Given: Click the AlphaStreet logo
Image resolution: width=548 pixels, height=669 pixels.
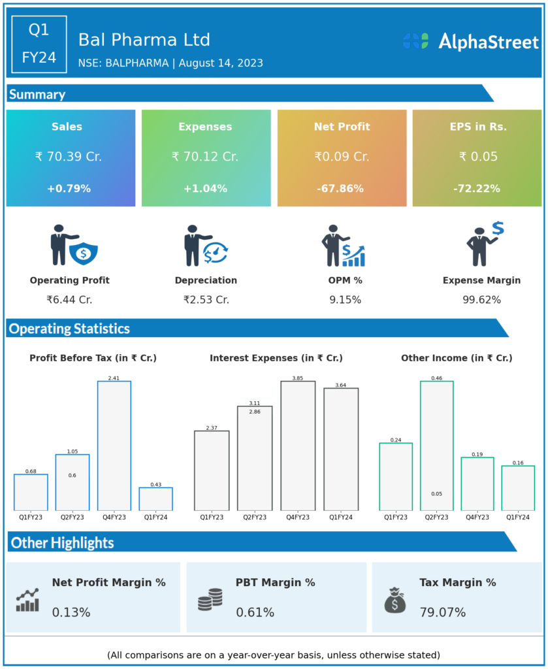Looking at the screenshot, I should pos(470,41).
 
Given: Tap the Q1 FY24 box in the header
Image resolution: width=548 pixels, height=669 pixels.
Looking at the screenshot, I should pos(39,43).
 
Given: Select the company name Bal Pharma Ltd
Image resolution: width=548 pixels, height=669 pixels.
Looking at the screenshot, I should pos(144,40).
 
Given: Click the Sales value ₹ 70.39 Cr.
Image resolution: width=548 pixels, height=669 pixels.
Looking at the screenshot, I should pos(69,157).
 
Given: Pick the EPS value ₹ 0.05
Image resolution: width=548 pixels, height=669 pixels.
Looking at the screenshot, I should pos(478,157).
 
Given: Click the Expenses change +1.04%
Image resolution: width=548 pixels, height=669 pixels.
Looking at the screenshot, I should pos(205,189).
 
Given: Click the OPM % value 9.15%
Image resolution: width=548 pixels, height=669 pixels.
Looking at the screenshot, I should pos(345,300).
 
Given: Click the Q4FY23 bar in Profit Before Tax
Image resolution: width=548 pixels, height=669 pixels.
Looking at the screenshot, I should pos(114,446).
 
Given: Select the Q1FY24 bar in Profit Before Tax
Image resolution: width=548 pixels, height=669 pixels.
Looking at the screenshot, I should pos(155,498).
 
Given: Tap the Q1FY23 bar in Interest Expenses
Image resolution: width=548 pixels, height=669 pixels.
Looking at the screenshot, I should pos(212,470).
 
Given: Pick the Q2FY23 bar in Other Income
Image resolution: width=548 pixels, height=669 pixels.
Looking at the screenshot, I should pos(436,446).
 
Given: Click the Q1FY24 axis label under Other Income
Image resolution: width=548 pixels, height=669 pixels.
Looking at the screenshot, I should pos(518,517).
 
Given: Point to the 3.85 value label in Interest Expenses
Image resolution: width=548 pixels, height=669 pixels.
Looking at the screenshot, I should pos(298,378).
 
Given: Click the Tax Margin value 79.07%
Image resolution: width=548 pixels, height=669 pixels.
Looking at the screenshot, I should pos(443,612).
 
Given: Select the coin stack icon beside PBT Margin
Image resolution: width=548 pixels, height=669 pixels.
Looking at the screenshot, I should pos(210,599).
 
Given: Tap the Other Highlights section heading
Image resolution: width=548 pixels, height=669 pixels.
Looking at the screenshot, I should pos(63,542).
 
